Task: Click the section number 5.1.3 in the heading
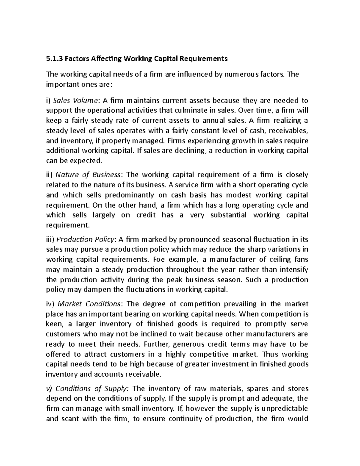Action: (54, 59)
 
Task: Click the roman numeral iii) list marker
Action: (50, 239)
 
